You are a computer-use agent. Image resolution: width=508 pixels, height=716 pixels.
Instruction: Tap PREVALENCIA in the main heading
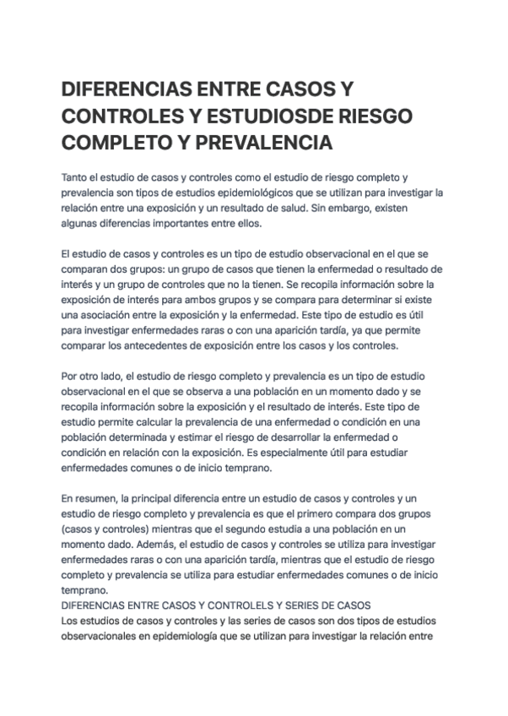[253, 143]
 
